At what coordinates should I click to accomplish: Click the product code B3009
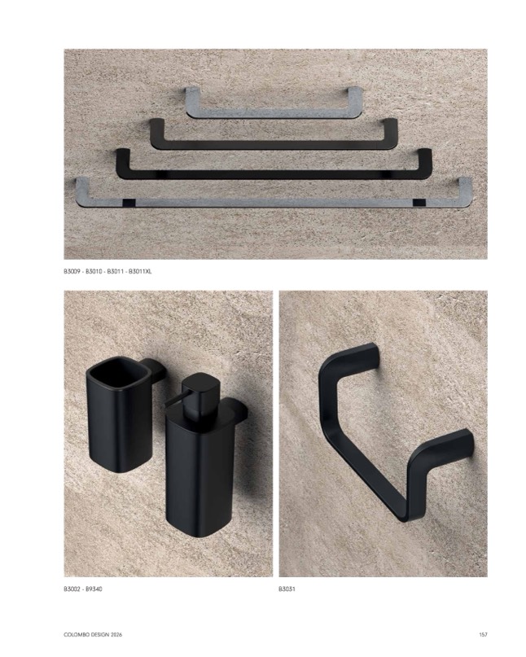click(x=72, y=272)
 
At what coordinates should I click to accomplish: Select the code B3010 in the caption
click(x=94, y=272)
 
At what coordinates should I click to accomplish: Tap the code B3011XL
click(x=140, y=272)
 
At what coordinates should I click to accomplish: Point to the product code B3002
click(x=72, y=589)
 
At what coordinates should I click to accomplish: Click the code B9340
click(x=94, y=589)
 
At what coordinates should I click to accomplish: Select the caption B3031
click(x=287, y=589)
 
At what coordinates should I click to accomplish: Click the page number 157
click(x=483, y=635)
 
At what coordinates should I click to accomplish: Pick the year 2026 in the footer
click(x=116, y=635)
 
